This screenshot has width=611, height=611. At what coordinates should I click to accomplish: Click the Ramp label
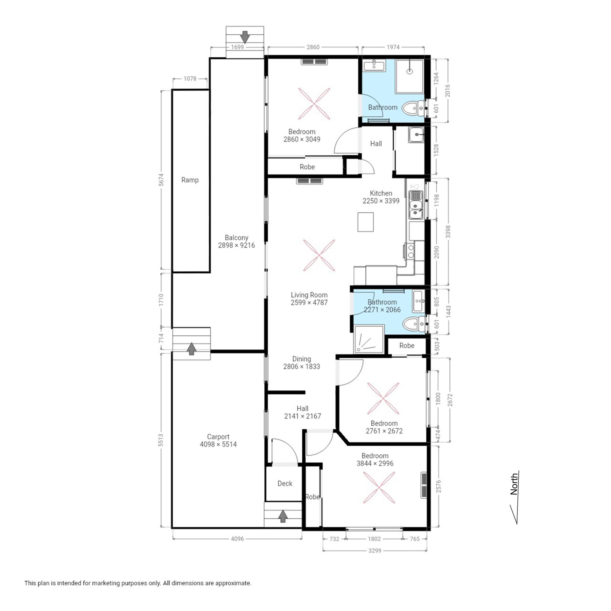pyautogui.click(x=190, y=180)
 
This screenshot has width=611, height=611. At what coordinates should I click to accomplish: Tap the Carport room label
pyautogui.click(x=218, y=437)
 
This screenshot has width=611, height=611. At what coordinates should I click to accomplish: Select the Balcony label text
pyautogui.click(x=236, y=237)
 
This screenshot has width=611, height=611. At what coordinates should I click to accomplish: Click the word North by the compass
pyautogui.click(x=514, y=484)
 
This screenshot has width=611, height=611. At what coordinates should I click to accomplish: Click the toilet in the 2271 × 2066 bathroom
pyautogui.click(x=413, y=324)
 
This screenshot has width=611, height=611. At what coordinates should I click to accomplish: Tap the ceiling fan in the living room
pyautogui.click(x=319, y=255)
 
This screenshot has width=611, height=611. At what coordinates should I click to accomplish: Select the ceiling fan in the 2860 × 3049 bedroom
pyautogui.click(x=314, y=104)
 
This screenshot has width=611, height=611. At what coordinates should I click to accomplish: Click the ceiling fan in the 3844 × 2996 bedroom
pyautogui.click(x=379, y=488)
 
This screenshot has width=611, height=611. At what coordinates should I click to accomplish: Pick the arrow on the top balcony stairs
pyautogui.click(x=245, y=37)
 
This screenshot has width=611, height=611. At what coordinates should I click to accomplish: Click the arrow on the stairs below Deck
pyautogui.click(x=283, y=516)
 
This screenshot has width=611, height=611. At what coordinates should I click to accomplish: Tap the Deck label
pyautogui.click(x=285, y=483)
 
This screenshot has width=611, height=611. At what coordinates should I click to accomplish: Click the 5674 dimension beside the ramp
pyautogui.click(x=161, y=179)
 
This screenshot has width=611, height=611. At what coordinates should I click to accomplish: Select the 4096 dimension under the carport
pyautogui.click(x=237, y=539)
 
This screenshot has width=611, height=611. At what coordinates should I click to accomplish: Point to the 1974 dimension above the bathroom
pyautogui.click(x=393, y=47)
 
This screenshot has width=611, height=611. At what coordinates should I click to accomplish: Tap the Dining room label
pyautogui.click(x=302, y=359)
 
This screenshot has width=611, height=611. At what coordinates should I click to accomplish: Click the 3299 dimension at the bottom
pyautogui.click(x=375, y=550)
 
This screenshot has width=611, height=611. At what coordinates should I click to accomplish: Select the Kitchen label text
pyautogui.click(x=381, y=193)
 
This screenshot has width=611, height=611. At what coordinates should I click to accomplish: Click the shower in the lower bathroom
pyautogui.click(x=369, y=339)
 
